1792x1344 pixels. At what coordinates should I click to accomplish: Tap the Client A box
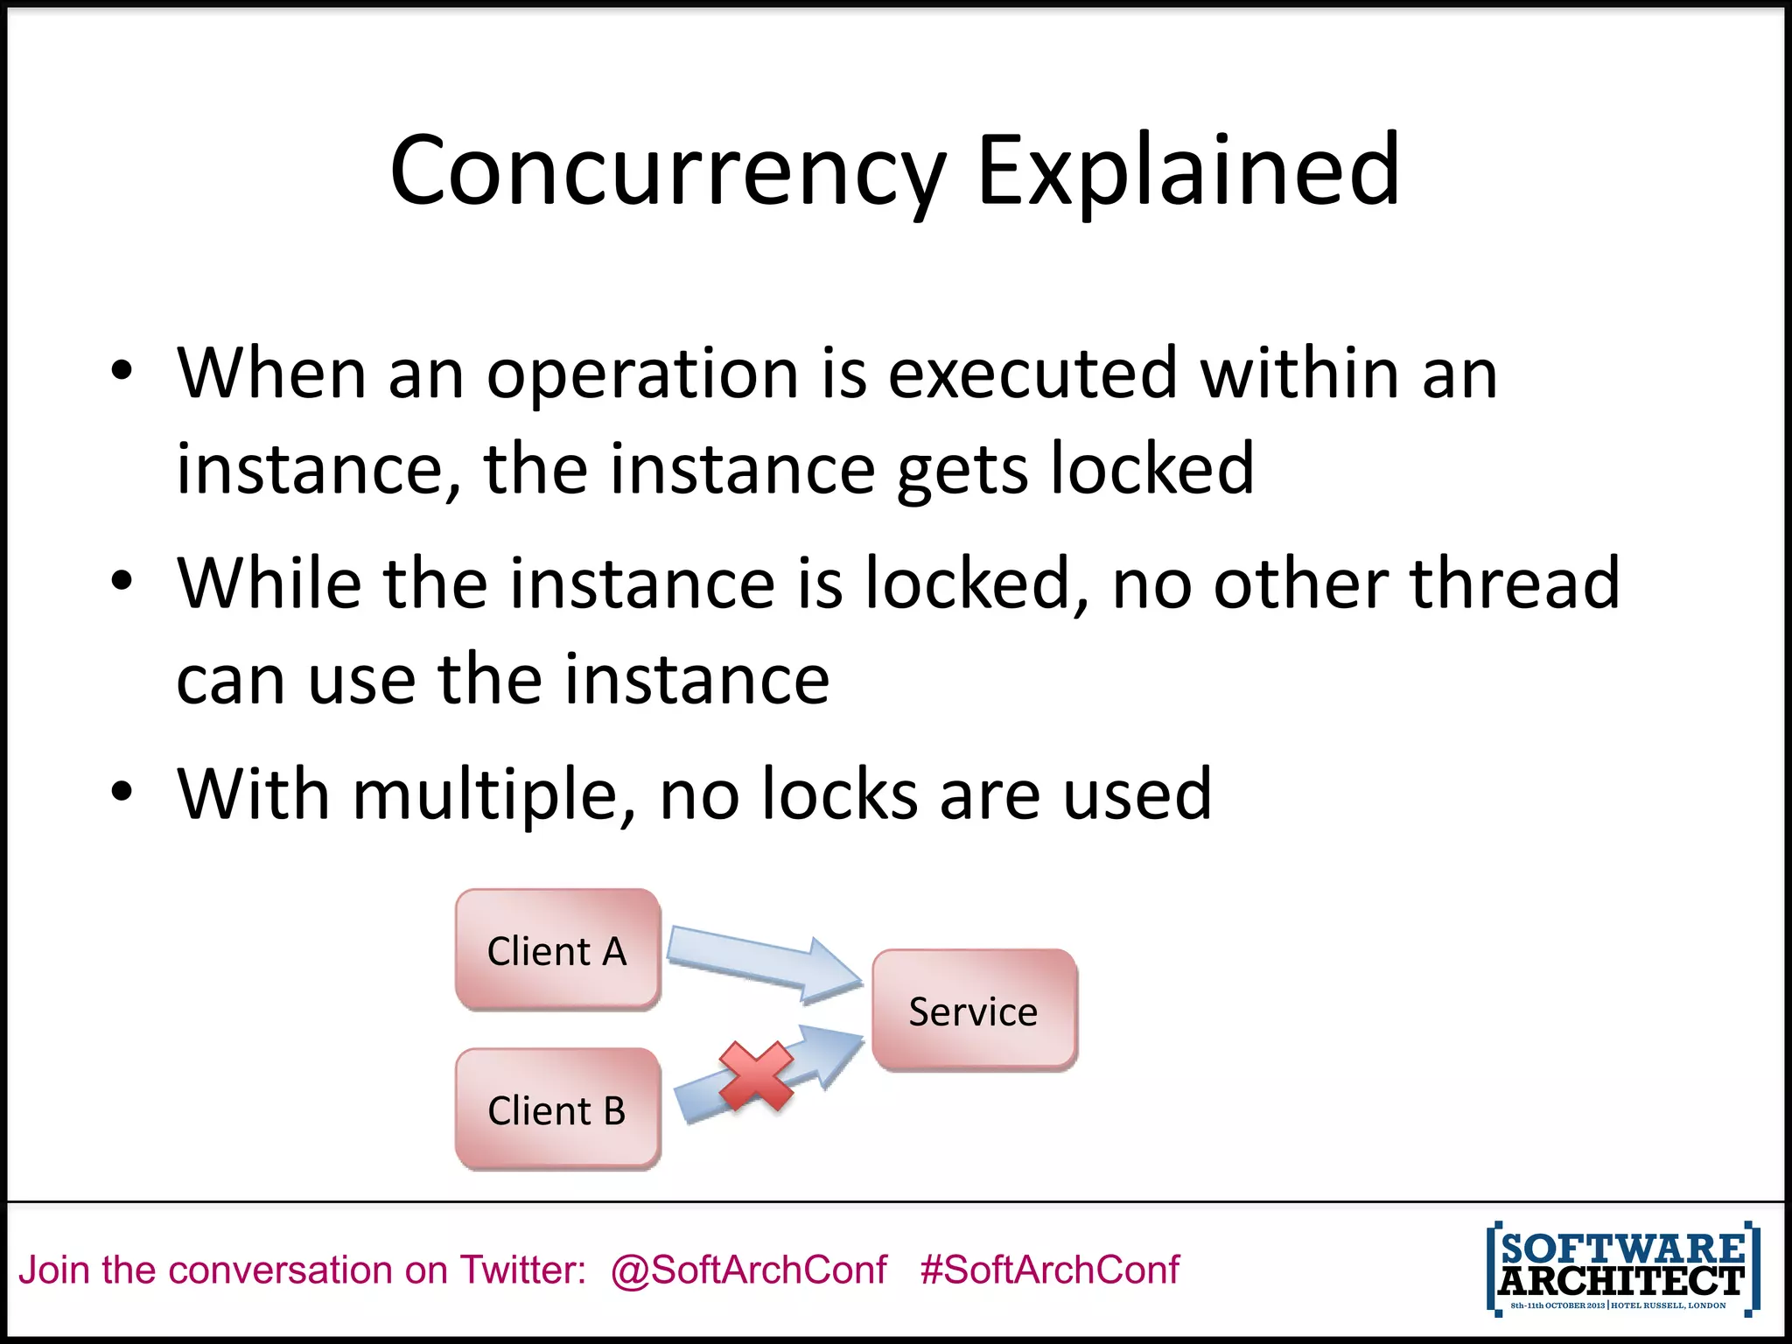[x=557, y=950]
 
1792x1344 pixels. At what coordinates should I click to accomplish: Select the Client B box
[x=557, y=1109]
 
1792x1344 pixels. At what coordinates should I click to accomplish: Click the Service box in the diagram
[x=974, y=1011]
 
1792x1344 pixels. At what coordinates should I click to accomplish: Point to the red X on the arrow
[x=756, y=1076]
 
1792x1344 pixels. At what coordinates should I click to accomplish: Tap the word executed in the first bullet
[x=1032, y=374]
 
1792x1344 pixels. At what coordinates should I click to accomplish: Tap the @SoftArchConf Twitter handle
[x=748, y=1270]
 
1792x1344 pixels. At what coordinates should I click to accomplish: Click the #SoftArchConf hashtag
[x=1050, y=1270]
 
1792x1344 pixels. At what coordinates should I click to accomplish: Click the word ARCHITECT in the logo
[x=1621, y=1282]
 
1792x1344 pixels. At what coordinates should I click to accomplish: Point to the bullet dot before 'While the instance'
[x=122, y=581]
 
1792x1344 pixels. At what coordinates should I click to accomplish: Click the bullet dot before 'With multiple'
[x=122, y=792]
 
